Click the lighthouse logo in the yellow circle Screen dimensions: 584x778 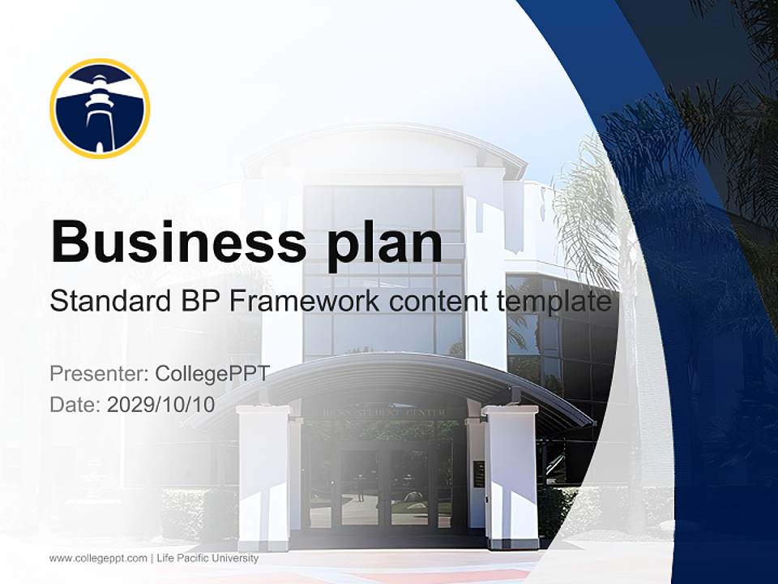[x=100, y=108]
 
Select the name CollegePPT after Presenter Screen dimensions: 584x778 [x=212, y=374]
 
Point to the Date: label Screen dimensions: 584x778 [x=75, y=405]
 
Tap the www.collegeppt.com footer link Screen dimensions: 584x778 [x=98, y=558]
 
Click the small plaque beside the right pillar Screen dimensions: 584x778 [x=478, y=474]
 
